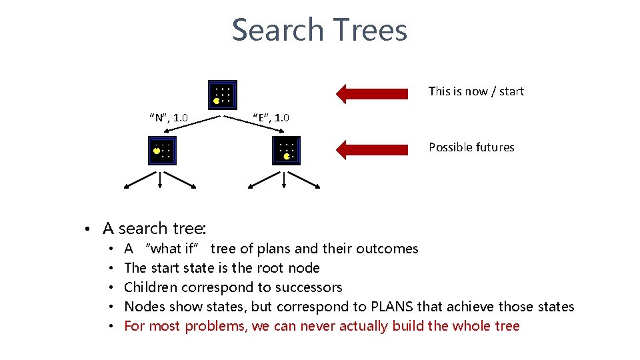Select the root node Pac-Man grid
pos(222,95)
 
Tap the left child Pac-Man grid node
pos(161,151)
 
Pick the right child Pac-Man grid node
pos(286,151)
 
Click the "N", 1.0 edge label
pos(168,119)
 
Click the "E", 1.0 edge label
pos(271,118)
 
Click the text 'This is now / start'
pos(476,91)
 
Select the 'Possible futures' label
pos(471,147)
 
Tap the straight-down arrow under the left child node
pos(160,179)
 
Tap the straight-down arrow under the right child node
pos(285,179)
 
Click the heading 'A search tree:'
pos(153,229)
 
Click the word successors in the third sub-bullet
pos(309,287)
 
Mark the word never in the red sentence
pos(320,326)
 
